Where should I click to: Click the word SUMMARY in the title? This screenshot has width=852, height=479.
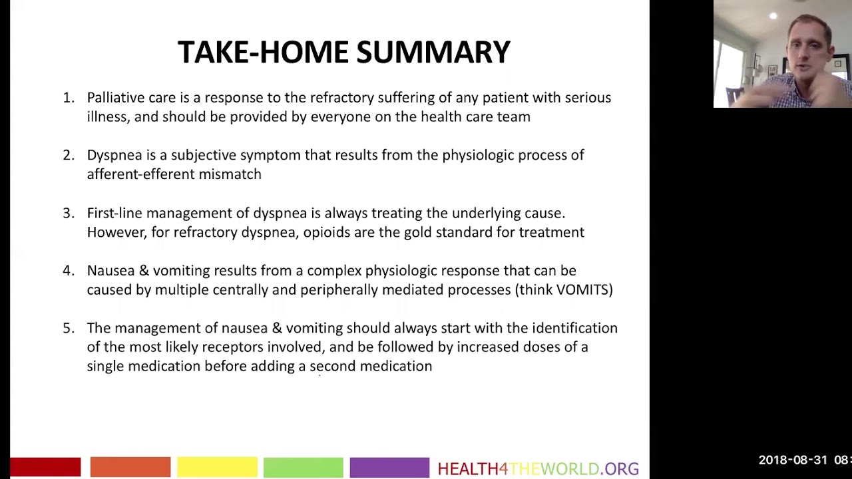click(x=433, y=53)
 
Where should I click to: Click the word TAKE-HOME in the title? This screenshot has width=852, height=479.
click(x=263, y=53)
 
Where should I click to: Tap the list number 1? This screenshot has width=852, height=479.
click(x=68, y=98)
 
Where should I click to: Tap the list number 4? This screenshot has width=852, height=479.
click(x=68, y=271)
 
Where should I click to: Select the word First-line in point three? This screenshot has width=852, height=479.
click(x=114, y=214)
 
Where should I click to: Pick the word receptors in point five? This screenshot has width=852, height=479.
click(x=232, y=347)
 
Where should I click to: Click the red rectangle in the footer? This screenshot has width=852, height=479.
click(x=45, y=467)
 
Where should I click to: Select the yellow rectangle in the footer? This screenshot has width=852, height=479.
click(x=217, y=467)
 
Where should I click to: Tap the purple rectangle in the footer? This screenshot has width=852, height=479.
click(x=389, y=467)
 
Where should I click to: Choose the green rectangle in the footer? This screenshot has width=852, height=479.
click(x=303, y=467)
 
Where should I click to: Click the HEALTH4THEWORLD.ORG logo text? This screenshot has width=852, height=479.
click(x=538, y=469)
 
